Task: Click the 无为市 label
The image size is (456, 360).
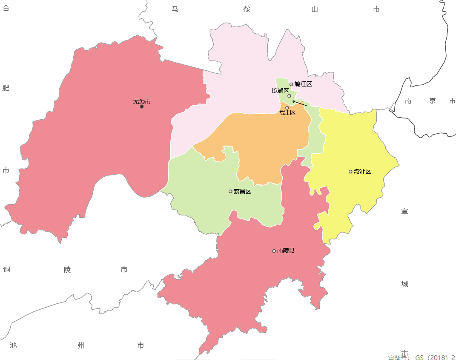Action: (x=142, y=101)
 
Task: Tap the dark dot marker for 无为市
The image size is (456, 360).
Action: (x=142, y=107)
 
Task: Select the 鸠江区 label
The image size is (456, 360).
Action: (x=303, y=84)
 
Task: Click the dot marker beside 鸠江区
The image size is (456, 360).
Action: (x=291, y=84)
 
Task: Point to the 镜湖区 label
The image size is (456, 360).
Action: (x=280, y=91)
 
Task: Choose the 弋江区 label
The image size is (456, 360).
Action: (x=287, y=113)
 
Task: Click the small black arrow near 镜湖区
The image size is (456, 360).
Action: (x=299, y=103)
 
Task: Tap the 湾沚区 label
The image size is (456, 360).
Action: (x=362, y=171)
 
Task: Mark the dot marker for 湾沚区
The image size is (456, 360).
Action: (x=350, y=172)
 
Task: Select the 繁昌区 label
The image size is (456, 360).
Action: (x=242, y=191)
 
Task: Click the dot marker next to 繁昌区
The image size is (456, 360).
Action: (x=230, y=191)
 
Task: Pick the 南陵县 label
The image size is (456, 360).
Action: (x=286, y=251)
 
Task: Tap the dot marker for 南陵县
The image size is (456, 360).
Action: (x=274, y=251)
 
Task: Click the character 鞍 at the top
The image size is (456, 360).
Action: (x=247, y=9)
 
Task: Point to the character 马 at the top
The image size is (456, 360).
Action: (x=175, y=9)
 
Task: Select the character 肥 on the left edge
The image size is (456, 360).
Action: (x=6, y=88)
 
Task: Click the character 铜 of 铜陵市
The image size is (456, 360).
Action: (x=6, y=269)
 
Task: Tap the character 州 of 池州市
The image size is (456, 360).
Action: (x=81, y=345)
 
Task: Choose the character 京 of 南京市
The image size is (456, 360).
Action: (x=433, y=101)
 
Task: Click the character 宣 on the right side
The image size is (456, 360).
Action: (x=404, y=211)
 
